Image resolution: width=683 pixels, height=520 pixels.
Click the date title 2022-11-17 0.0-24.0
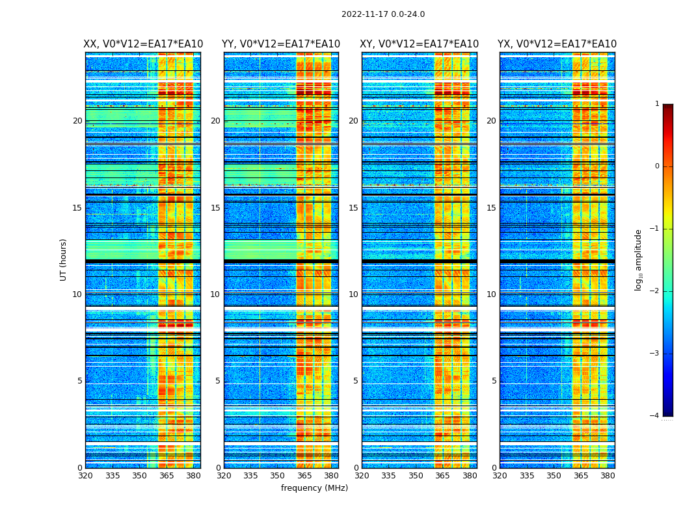coord(383,14)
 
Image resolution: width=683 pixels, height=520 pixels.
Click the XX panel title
coord(143,44)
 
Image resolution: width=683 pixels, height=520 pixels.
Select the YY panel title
coord(281,44)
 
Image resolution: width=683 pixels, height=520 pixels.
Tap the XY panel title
coord(420,44)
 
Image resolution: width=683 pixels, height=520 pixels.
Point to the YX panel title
coord(557,44)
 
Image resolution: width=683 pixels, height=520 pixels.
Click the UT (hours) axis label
coord(63,259)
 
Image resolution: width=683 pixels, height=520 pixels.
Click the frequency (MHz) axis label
coord(314,488)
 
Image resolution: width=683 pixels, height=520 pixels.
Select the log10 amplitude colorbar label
coord(639,259)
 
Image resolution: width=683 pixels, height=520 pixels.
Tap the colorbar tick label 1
coord(656,104)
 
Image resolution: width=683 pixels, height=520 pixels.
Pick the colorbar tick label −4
coord(655,416)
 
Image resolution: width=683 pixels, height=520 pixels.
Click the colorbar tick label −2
coord(655,291)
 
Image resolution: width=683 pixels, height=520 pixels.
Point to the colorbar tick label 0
coord(656,166)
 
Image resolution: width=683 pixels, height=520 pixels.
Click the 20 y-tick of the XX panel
coord(77,121)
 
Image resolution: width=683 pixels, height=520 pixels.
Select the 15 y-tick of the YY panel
coord(215,208)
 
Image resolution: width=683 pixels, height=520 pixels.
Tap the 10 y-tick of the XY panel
coord(353,294)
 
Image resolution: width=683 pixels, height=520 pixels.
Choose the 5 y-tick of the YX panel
coord(494,381)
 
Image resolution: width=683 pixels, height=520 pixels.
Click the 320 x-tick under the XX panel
coord(85,475)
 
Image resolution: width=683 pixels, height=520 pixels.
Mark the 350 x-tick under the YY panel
coord(278,475)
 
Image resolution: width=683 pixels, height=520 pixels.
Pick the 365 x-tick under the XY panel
coord(442,475)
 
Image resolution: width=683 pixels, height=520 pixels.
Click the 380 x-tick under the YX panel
coord(608,475)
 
